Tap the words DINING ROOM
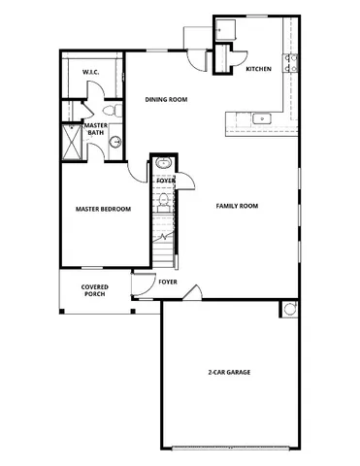166,100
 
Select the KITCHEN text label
258,69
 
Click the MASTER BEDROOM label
103,209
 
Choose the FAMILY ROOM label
236,206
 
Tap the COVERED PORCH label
95,290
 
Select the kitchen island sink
260,119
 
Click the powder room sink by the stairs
163,164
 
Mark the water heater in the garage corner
288,309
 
